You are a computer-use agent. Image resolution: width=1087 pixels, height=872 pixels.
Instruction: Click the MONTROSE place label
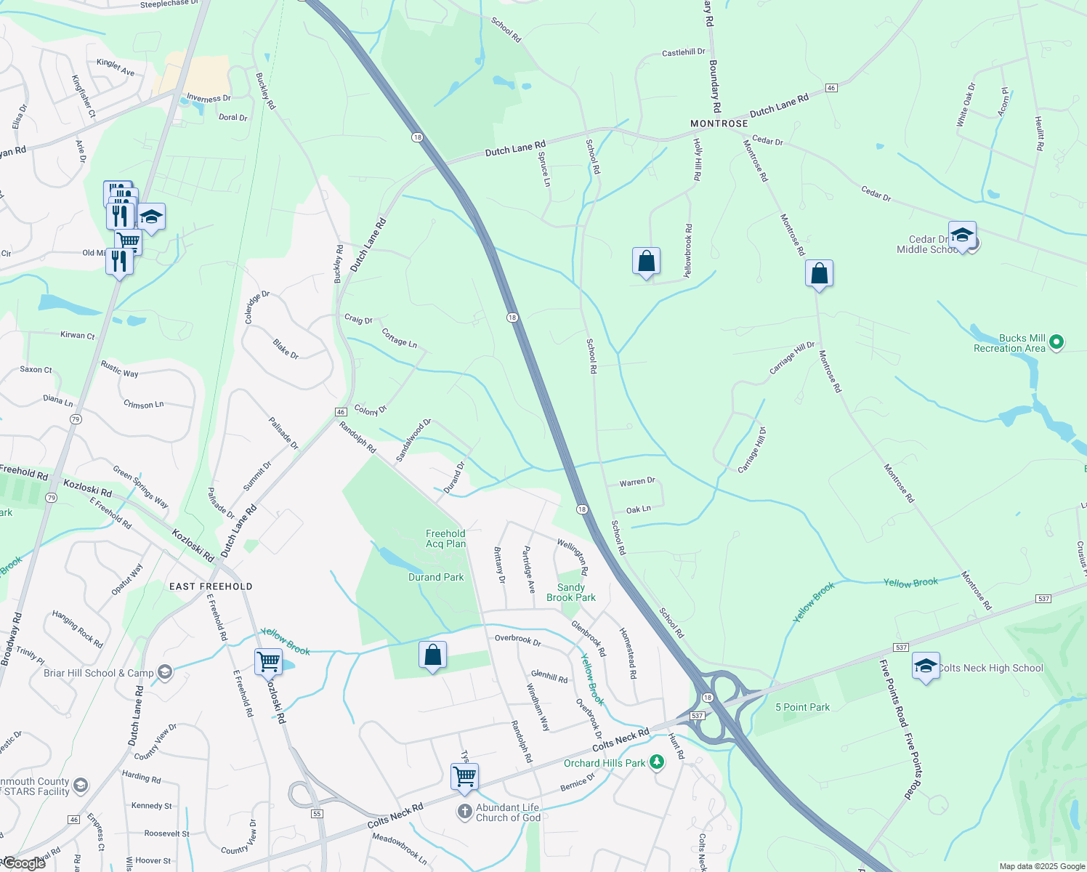(x=719, y=124)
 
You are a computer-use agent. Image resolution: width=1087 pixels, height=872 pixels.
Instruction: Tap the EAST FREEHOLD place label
(x=211, y=586)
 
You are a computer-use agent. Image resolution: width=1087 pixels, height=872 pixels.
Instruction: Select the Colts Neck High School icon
(x=926, y=666)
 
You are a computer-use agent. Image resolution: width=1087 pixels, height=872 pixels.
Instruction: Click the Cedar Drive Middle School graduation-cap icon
(x=962, y=235)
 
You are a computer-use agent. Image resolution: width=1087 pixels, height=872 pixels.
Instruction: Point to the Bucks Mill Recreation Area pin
(x=1057, y=342)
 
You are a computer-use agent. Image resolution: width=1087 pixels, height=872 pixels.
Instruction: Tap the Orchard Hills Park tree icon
(x=657, y=762)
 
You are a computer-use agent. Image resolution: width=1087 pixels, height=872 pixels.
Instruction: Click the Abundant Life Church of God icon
(x=465, y=812)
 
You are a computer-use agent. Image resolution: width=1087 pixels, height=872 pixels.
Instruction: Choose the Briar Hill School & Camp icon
(x=165, y=673)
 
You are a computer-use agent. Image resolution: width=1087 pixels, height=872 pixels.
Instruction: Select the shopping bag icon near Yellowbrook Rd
(x=646, y=262)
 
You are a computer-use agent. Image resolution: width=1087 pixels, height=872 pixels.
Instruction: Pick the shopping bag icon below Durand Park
(x=432, y=655)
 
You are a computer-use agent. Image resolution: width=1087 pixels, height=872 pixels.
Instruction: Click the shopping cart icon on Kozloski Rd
(x=268, y=662)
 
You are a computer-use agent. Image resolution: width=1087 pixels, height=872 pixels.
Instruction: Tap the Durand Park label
(x=436, y=578)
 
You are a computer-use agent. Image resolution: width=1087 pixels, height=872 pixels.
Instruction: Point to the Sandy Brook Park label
(x=571, y=592)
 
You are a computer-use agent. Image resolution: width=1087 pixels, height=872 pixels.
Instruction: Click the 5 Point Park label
(x=802, y=707)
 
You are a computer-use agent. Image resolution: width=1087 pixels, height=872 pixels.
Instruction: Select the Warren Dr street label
(x=637, y=482)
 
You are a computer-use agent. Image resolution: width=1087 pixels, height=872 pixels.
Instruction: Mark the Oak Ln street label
(x=638, y=509)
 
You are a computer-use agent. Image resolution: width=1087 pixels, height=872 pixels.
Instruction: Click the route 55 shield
(x=317, y=813)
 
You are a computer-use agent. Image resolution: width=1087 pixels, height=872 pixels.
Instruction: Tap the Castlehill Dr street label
(x=683, y=52)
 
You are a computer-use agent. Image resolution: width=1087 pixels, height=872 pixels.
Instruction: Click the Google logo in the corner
(x=25, y=863)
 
